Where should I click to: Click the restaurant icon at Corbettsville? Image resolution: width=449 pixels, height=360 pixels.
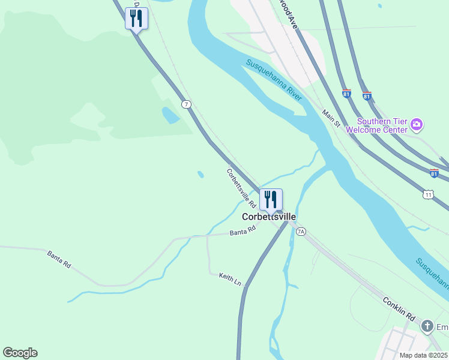271,199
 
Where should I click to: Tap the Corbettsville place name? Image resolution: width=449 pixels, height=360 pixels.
269,217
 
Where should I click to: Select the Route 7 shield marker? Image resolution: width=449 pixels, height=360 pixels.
187,104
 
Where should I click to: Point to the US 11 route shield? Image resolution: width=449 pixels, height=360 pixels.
427,194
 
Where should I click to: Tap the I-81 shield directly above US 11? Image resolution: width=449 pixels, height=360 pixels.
434,173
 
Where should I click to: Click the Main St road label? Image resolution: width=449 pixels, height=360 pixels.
331,118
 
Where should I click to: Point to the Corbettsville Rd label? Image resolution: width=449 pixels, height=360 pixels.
241,188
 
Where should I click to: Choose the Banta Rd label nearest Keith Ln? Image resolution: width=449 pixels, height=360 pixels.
243,230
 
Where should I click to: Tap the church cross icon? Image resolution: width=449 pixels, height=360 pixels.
427,326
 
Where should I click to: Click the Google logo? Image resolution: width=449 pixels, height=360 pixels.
20,353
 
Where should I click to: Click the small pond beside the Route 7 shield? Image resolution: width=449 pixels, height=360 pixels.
170,115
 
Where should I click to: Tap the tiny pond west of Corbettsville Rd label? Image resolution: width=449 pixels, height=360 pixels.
200,175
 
